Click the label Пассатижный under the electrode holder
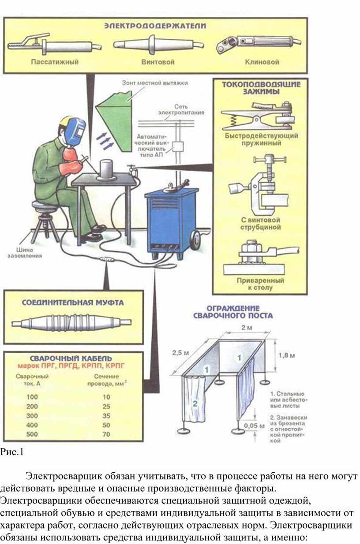55,62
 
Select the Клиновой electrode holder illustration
258,44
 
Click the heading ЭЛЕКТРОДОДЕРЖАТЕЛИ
155,26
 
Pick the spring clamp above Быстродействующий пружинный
259,116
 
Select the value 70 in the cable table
106,434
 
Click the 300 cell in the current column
32,416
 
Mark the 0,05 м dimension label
254,426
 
